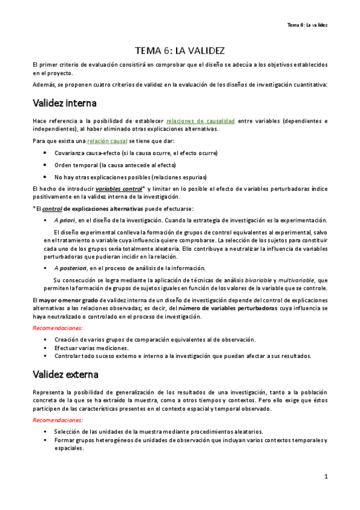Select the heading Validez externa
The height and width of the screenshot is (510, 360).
point(66,374)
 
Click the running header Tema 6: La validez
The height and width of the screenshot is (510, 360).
point(307,25)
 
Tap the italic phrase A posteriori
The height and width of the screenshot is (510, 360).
point(72,268)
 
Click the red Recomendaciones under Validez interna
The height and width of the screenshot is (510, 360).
point(58,328)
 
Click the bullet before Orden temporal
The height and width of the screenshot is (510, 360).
point(46,165)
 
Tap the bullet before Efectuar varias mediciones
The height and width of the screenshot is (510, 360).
point(46,348)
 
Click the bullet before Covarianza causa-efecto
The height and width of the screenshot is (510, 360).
point(46,153)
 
